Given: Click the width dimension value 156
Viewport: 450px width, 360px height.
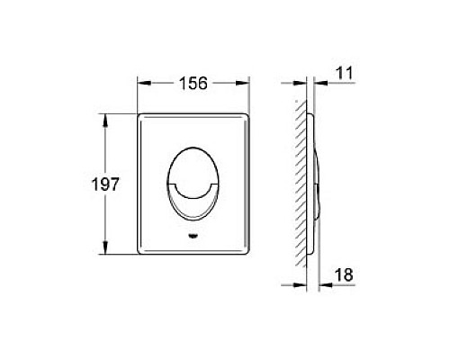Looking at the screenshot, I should (192, 83).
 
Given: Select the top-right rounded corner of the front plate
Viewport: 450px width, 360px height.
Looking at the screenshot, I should (245, 116).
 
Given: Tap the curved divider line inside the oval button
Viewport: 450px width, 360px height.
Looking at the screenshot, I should (193, 184).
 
